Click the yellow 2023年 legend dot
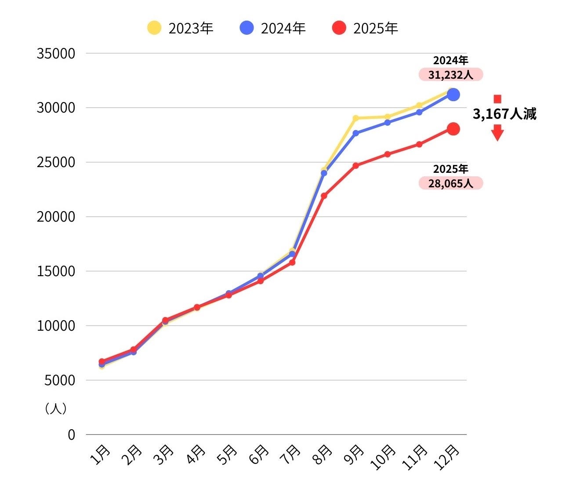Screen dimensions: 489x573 [154, 28]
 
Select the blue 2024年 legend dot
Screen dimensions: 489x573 [247, 28]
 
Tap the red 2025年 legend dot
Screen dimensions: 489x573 [339, 28]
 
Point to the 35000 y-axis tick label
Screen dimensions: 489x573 [56, 54]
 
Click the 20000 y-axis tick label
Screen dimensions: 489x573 [56, 217]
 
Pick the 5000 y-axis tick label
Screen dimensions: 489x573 [60, 380]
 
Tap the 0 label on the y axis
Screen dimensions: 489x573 [71, 434]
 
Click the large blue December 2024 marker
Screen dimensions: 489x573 [453, 95]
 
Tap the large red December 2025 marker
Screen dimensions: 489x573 [453, 129]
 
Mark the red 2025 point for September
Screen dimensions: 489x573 [355, 166]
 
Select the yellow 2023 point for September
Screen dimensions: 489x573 [355, 118]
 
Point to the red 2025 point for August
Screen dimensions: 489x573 [324, 196]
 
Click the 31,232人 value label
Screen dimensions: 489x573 [451, 75]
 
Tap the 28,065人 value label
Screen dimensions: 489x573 [451, 183]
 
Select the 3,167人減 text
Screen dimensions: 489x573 [504, 114]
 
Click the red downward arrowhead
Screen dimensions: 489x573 [497, 134]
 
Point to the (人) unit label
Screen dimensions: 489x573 [56, 409]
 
